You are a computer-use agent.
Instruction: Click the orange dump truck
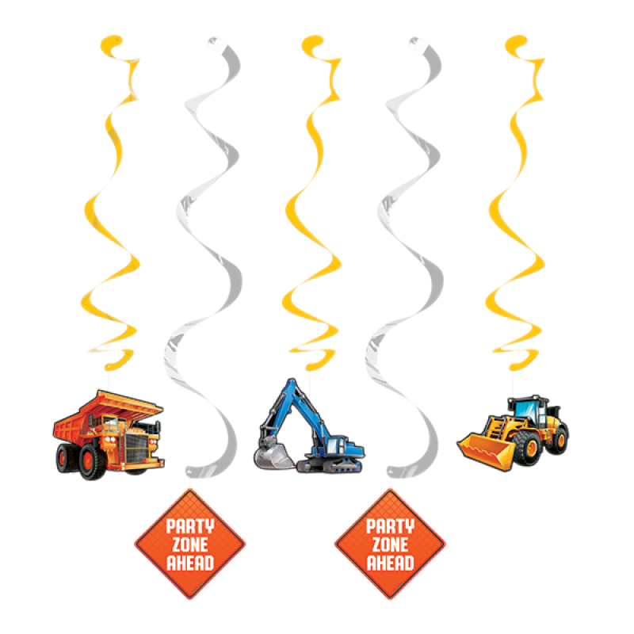(x=109, y=435)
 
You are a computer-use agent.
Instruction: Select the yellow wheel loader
(x=513, y=433)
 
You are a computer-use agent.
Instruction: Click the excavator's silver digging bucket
(x=273, y=455)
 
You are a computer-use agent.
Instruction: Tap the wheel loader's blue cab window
(x=525, y=411)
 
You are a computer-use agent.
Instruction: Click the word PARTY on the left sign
(x=190, y=526)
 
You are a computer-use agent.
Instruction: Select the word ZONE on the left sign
(x=190, y=544)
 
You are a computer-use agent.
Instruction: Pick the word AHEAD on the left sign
(x=190, y=563)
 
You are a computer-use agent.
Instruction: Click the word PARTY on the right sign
(x=390, y=526)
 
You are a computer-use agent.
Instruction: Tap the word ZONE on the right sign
(x=390, y=544)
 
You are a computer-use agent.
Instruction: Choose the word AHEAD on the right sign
(x=390, y=563)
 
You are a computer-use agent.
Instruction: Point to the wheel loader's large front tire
(x=528, y=448)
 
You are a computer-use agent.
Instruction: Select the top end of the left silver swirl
(x=213, y=41)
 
